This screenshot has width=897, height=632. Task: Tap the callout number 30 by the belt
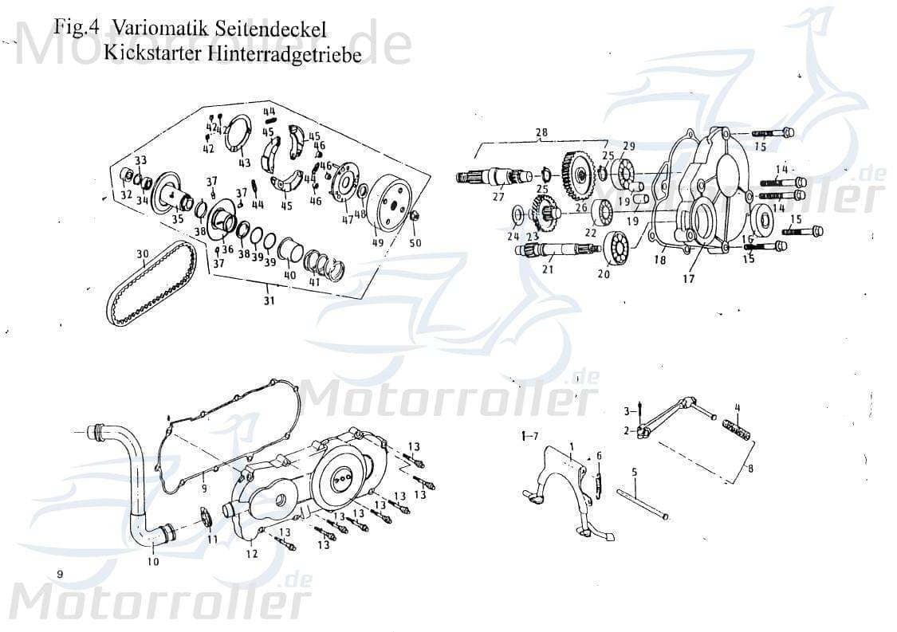pos(142,255)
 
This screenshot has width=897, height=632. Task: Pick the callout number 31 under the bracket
pos(269,300)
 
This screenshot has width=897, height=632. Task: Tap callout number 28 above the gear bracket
pos(542,132)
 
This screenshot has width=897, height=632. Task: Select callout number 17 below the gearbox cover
pos(688,279)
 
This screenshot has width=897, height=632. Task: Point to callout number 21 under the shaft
pos(548,269)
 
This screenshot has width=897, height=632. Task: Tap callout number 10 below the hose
pos(153,561)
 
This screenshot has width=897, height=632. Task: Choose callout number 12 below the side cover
pos(252,554)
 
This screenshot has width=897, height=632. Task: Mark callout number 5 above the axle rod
pos(635,473)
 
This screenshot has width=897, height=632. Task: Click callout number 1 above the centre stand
pos(572,444)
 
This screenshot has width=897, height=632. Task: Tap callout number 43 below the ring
pos(245,163)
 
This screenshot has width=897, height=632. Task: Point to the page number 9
pos(59,574)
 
